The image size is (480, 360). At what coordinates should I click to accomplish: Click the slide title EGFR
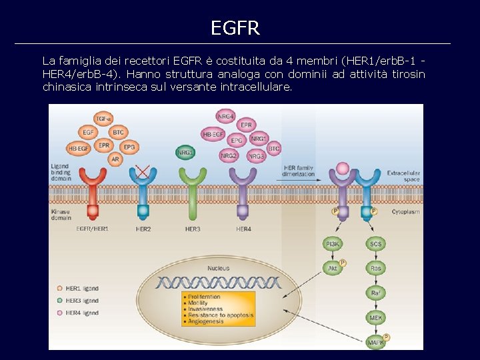(x=235, y=28)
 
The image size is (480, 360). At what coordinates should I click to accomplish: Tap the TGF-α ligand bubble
(x=103, y=119)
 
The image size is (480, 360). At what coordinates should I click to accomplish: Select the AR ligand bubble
(x=115, y=159)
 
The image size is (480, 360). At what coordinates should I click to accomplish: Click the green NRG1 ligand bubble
(x=185, y=152)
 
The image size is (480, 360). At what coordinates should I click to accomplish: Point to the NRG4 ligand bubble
(x=226, y=116)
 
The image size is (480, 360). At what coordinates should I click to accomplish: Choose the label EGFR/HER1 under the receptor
(x=92, y=229)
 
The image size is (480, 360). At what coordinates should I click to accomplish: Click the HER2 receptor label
(x=143, y=229)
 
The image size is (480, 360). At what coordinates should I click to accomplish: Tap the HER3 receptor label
(x=193, y=229)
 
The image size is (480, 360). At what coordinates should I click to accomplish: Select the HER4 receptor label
(x=243, y=229)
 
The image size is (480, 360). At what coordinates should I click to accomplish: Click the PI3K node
(x=332, y=244)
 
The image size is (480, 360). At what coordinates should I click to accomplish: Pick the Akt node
(x=332, y=269)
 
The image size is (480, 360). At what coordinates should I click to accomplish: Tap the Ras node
(x=376, y=269)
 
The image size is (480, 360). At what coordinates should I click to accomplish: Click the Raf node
(x=376, y=293)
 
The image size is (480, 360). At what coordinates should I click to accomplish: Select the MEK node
(x=376, y=318)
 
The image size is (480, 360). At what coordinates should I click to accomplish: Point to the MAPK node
(x=376, y=343)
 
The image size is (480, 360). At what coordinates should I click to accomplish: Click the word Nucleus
(x=218, y=268)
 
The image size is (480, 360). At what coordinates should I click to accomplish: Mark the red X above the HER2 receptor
(x=142, y=170)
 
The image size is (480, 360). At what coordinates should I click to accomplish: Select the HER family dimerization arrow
(x=300, y=179)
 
